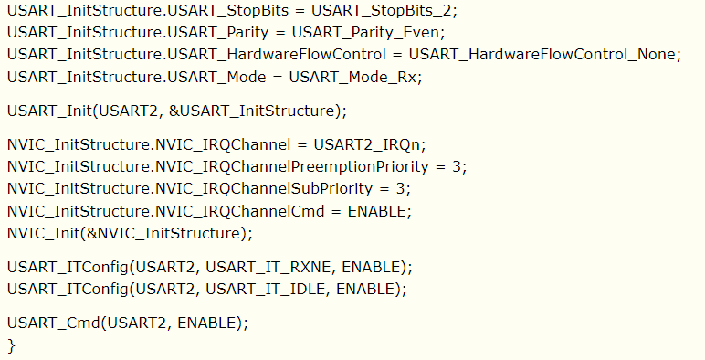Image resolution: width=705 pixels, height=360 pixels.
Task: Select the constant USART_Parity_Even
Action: click(x=365, y=32)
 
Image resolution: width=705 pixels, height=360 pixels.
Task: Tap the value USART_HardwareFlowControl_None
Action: click(x=542, y=55)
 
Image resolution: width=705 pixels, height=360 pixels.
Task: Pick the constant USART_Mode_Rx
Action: click(x=352, y=77)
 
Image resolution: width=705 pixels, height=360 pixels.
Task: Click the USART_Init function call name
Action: click(x=49, y=111)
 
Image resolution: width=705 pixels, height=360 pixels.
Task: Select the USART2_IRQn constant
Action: click(x=366, y=145)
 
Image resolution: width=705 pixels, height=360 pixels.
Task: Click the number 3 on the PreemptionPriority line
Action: click(x=457, y=167)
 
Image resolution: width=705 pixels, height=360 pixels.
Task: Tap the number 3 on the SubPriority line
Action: click(x=400, y=188)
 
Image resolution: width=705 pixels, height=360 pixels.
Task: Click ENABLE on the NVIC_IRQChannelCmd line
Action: click(x=376, y=211)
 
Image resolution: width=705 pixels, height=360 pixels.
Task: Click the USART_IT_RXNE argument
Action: click(x=268, y=268)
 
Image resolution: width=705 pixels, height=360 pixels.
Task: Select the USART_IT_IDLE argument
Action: click(x=265, y=289)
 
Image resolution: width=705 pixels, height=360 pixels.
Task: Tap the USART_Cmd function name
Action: click(x=54, y=323)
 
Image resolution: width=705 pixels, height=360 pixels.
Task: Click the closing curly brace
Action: click(x=11, y=345)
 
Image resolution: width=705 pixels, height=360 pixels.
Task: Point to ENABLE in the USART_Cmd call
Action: click(x=206, y=323)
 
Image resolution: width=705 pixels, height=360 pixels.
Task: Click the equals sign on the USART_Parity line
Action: click(x=280, y=32)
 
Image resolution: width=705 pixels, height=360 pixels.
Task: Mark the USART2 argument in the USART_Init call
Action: click(x=128, y=111)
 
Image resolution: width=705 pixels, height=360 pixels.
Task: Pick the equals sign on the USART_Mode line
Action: click(x=278, y=77)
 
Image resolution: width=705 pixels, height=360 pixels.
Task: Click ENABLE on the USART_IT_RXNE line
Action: click(x=371, y=268)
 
